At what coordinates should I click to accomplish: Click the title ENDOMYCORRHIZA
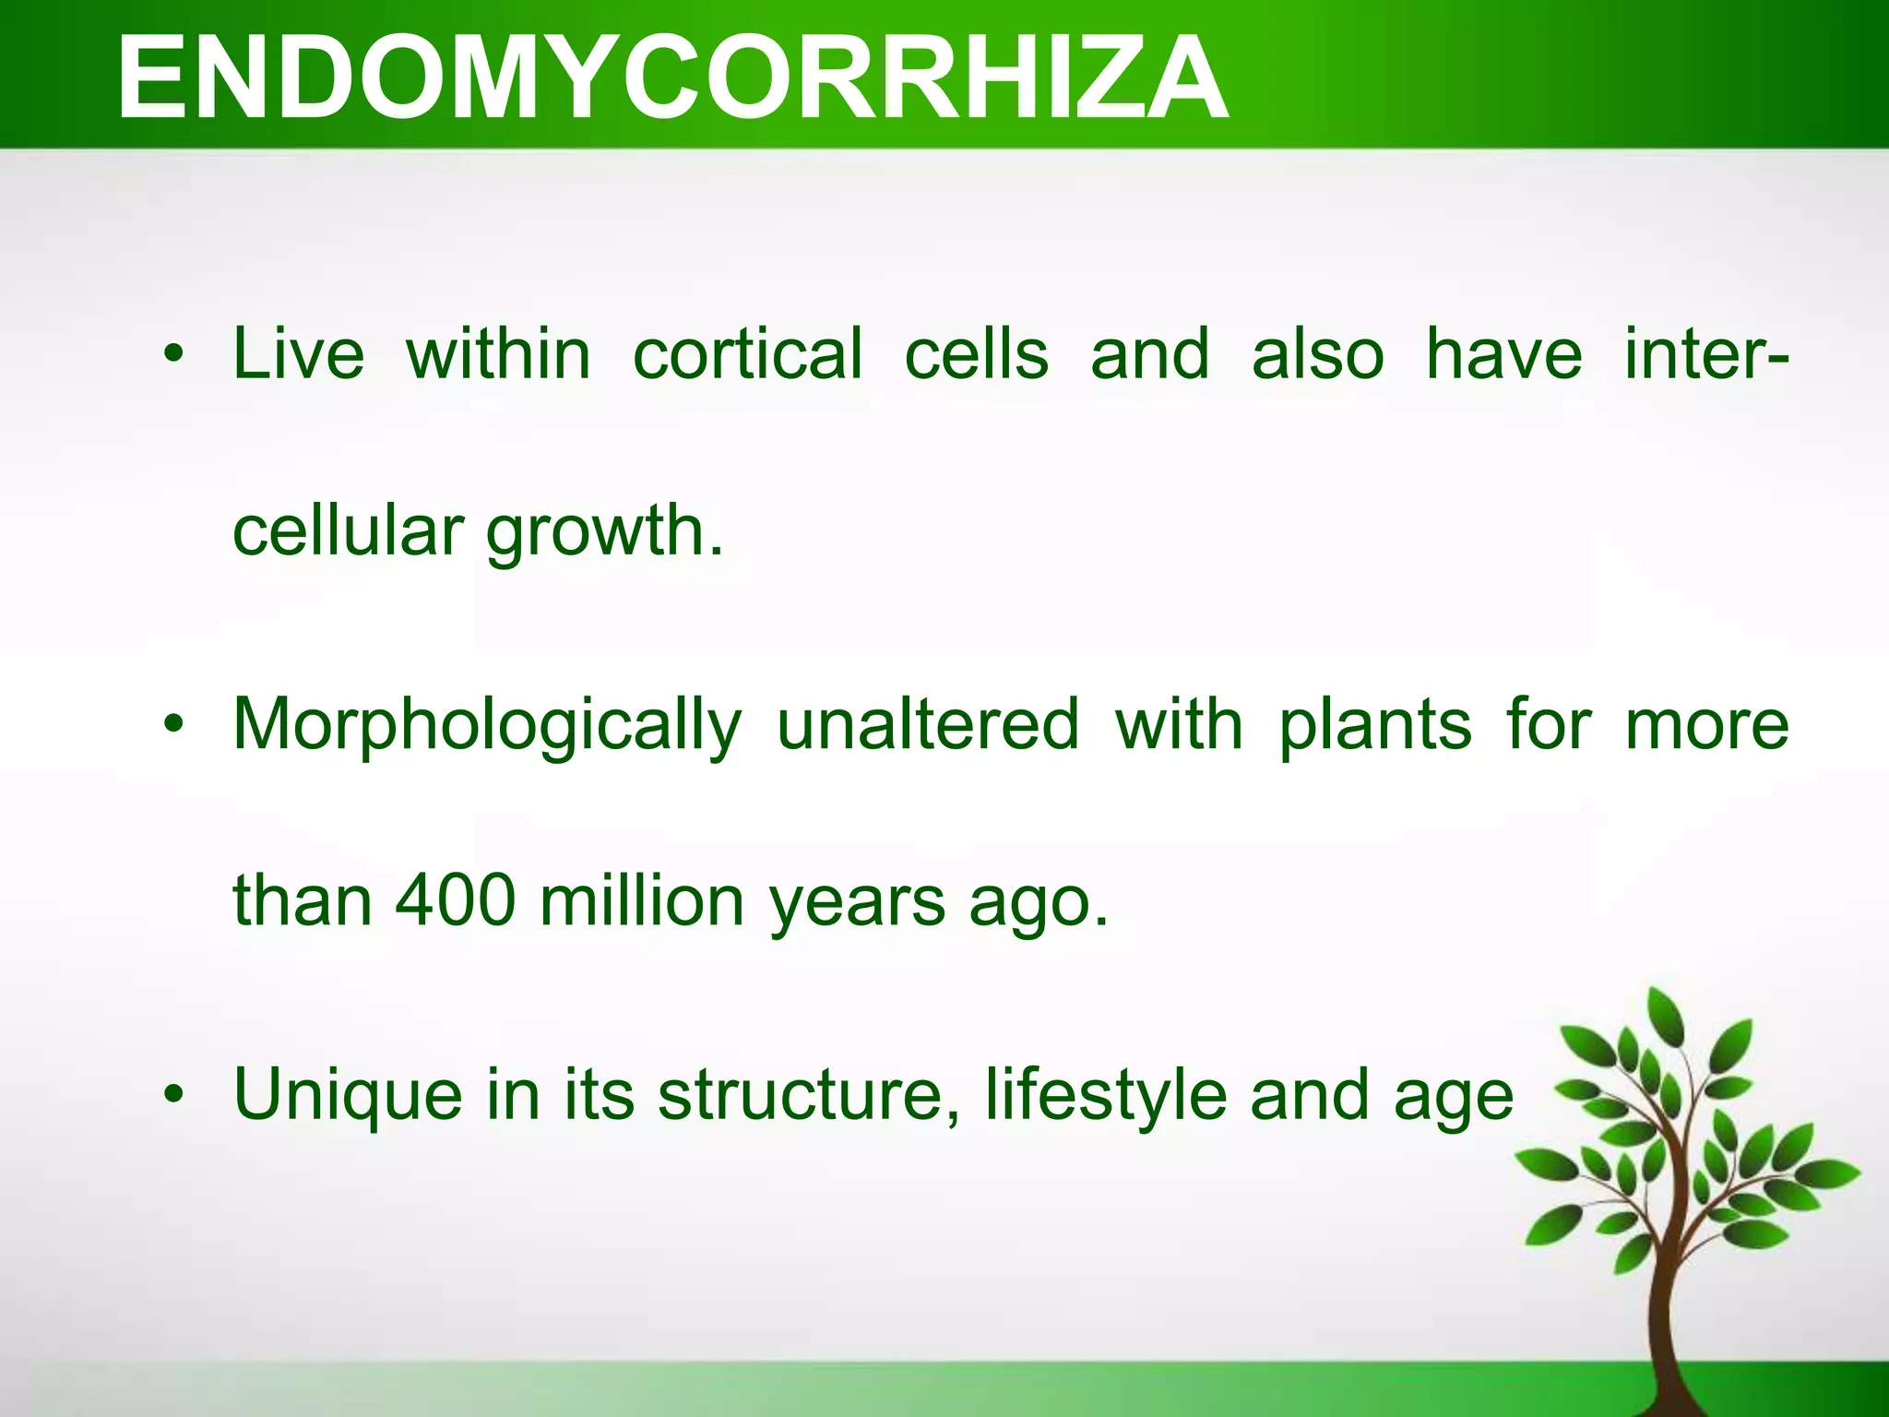[671, 77]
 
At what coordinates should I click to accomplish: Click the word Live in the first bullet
[298, 354]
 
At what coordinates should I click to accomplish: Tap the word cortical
[748, 354]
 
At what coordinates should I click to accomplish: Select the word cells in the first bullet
[976, 354]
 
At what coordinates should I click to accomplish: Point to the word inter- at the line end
[1706, 354]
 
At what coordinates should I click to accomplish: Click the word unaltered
[928, 725]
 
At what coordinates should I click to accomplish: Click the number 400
[455, 900]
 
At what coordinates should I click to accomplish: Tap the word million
[642, 900]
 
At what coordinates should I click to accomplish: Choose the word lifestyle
[1106, 1096]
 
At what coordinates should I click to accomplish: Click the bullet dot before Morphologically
[173, 725]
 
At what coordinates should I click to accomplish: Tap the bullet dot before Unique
[173, 1096]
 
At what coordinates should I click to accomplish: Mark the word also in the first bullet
[1317, 354]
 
